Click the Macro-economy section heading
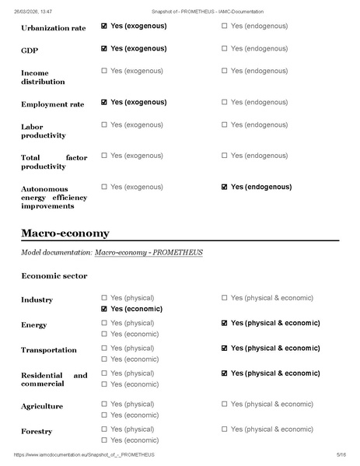tap(65, 233)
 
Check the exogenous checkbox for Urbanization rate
tap(104, 26)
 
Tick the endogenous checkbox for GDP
tap(225, 48)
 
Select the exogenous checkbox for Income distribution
tap(104, 72)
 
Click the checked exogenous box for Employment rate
tap(104, 102)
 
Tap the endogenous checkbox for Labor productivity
tap(225, 124)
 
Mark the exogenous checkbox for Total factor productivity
tap(104, 156)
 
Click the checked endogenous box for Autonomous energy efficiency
tap(225, 187)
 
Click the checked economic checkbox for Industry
tap(104, 309)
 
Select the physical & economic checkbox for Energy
tap(225, 323)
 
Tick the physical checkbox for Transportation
tap(104, 348)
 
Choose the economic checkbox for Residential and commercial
tap(104, 384)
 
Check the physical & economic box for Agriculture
tap(225, 404)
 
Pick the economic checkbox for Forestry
tap(104, 440)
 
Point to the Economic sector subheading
tap(54, 275)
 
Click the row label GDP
tap(30, 49)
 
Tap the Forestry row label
tap(37, 431)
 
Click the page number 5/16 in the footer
tap(340, 454)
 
